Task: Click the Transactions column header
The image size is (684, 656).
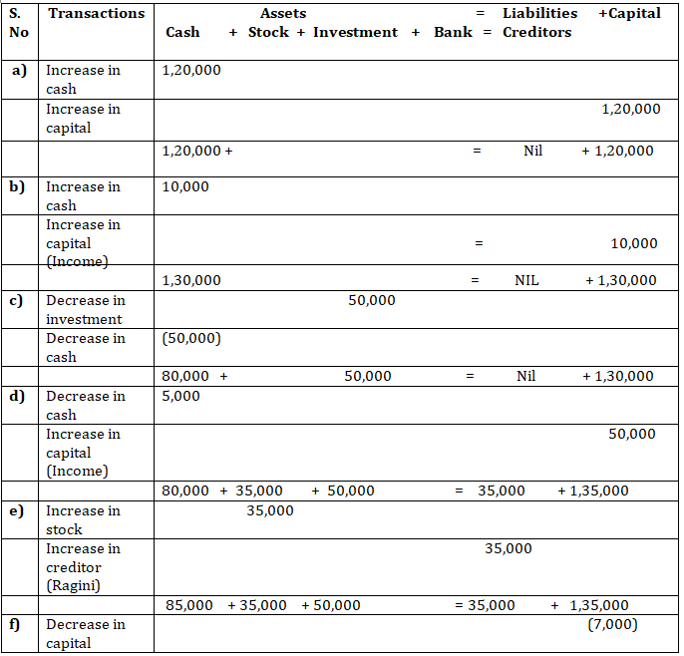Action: pyautogui.click(x=96, y=13)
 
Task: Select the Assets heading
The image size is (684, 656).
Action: pyautogui.click(x=283, y=13)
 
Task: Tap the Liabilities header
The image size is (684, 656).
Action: pyautogui.click(x=539, y=13)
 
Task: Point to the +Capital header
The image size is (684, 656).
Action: pyautogui.click(x=629, y=13)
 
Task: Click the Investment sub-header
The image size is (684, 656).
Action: pyautogui.click(x=355, y=32)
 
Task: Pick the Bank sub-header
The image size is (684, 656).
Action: pyautogui.click(x=454, y=32)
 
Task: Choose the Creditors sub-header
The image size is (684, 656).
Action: pyautogui.click(x=536, y=32)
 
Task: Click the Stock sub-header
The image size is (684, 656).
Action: pyautogui.click(x=268, y=32)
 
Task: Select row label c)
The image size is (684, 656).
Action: pyautogui.click(x=19, y=300)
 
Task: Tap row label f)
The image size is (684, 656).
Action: pyautogui.click(x=18, y=624)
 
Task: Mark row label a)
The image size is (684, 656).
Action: pyautogui.click(x=19, y=70)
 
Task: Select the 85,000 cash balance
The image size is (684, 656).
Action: pyautogui.click(x=188, y=605)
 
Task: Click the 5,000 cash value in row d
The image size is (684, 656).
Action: pyautogui.click(x=180, y=396)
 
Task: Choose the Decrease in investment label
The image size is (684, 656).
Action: pyautogui.click(x=85, y=309)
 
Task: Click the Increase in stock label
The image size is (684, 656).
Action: pyautogui.click(x=83, y=519)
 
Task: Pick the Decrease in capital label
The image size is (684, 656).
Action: pyautogui.click(x=85, y=633)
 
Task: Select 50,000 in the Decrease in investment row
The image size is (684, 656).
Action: pyautogui.click(x=372, y=300)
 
